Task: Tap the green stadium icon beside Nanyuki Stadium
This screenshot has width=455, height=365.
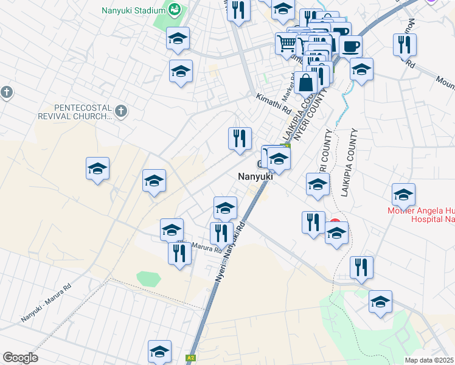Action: pos(175,9)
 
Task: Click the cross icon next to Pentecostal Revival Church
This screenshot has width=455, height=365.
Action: pos(121,111)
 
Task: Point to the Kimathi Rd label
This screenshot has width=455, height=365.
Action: pos(274,104)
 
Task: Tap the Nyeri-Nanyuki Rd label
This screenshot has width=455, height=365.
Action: pos(231,250)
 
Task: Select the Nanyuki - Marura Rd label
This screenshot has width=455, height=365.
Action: pos(46,304)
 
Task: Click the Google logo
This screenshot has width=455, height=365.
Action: pos(20,357)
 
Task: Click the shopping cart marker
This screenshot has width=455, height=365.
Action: pos(287,43)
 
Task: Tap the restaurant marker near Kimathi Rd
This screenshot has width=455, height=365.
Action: pos(240,138)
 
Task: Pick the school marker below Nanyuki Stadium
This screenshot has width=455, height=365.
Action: pos(178,39)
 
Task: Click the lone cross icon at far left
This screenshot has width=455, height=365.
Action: pos(7,92)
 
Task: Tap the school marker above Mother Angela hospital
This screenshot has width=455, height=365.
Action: pos(403,195)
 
